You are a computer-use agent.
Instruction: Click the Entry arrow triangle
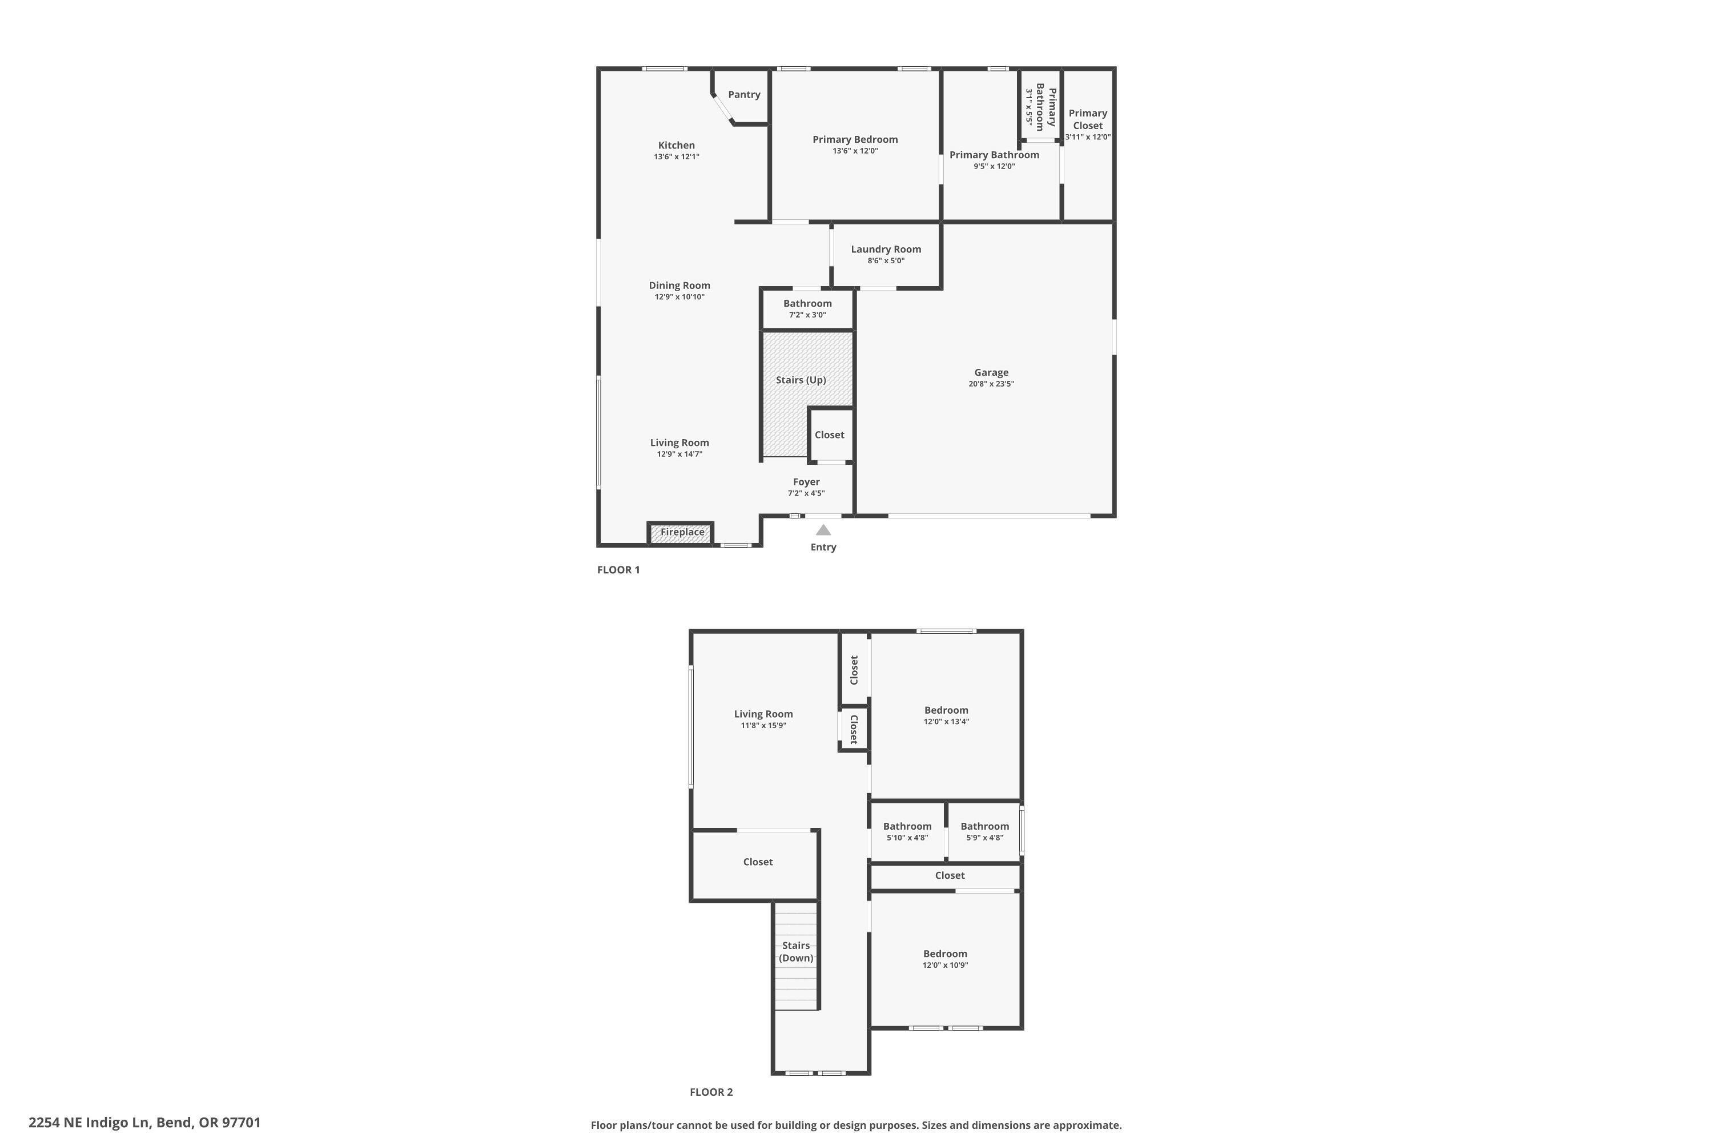click(x=823, y=530)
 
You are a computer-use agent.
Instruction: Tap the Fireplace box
click(x=682, y=532)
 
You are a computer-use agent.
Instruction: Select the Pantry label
click(x=743, y=95)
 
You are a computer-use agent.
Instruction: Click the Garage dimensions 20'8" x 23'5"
click(x=991, y=384)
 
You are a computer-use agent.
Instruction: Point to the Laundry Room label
click(x=886, y=249)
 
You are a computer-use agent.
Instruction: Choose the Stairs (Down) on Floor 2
click(x=795, y=952)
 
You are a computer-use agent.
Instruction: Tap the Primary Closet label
click(x=1087, y=119)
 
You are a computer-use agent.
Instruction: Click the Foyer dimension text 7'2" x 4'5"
click(x=806, y=494)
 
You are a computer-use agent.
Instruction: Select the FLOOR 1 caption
click(x=618, y=569)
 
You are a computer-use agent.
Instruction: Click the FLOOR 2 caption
click(x=711, y=1092)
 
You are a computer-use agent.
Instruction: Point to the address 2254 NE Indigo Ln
click(x=144, y=1123)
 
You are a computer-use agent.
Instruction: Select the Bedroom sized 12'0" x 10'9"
click(x=944, y=954)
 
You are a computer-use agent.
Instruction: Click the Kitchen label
click(x=676, y=146)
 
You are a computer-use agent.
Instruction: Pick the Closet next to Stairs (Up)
click(x=829, y=435)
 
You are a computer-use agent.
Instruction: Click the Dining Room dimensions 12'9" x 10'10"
click(x=679, y=297)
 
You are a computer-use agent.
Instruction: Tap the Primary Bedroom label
click(x=855, y=140)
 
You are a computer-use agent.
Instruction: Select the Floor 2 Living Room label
click(x=762, y=714)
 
